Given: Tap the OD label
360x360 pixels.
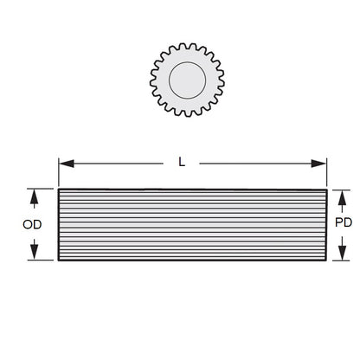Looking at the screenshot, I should pyautogui.click(x=32, y=225).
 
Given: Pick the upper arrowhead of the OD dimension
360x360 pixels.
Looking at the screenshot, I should pyautogui.click(x=34, y=196).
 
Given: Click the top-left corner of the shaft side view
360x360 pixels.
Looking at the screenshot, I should pyautogui.click(x=59, y=190).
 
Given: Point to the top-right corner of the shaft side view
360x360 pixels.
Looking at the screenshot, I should pyautogui.click(x=327, y=190).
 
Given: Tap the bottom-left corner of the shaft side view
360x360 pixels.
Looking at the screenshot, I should pyautogui.click(x=59, y=260).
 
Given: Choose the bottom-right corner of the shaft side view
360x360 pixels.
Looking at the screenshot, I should pyautogui.click(x=327, y=260).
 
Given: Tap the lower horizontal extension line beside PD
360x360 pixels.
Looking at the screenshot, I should pyautogui.click(x=339, y=260).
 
